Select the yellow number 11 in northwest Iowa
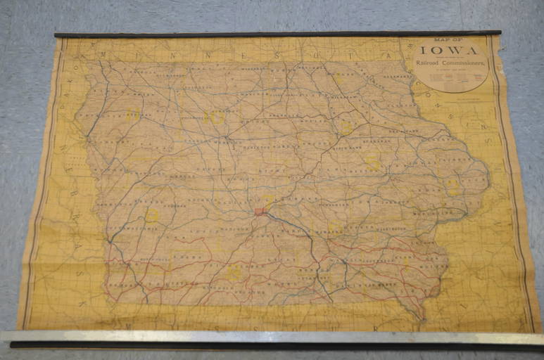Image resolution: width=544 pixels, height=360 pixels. click(132, 114)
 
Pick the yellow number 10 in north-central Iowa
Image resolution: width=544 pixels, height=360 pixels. click(217, 117)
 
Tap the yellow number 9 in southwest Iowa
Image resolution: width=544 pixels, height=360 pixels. click(151, 215)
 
